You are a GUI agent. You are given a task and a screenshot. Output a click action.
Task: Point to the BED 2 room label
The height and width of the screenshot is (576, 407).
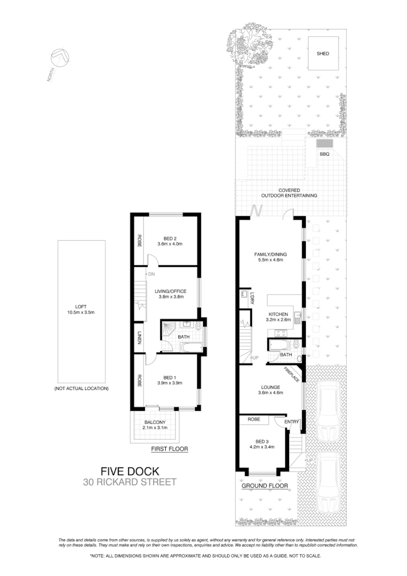(x=170, y=237)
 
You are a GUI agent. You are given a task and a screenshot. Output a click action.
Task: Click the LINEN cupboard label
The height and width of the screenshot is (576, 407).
(x=140, y=337)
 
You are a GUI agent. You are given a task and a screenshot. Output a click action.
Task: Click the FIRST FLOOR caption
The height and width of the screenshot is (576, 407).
(x=170, y=449)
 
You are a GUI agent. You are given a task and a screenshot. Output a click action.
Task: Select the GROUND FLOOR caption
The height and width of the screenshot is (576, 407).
(x=265, y=485)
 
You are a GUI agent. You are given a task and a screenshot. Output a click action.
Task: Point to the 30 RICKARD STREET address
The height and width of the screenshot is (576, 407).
(x=130, y=481)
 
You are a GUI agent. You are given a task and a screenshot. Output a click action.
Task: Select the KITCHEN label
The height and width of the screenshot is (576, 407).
(x=278, y=315)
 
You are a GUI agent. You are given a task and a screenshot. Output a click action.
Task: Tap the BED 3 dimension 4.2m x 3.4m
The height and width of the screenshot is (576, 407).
(x=262, y=447)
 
